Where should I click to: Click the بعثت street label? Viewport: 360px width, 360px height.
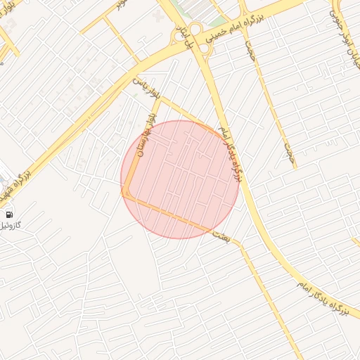(x=221, y=236)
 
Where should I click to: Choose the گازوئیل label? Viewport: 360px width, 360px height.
(x=14, y=226)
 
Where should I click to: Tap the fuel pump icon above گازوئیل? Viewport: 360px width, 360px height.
(x=9, y=214)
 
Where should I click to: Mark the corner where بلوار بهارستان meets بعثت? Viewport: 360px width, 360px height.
(x=125, y=194)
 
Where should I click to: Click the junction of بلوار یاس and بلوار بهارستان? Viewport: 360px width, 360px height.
(x=160, y=98)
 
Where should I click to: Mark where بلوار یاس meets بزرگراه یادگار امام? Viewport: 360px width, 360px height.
(x=220, y=131)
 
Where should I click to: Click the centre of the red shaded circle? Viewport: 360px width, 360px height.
(x=180, y=179)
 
